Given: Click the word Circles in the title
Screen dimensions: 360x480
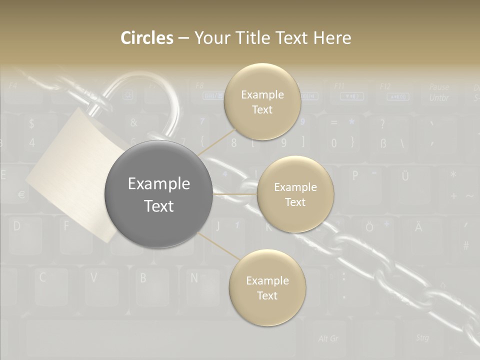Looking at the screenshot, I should click(146, 38).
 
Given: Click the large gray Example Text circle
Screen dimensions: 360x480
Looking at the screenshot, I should click(158, 194).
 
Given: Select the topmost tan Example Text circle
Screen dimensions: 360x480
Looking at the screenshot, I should click(262, 101).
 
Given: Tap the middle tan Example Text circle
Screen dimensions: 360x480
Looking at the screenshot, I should click(295, 194).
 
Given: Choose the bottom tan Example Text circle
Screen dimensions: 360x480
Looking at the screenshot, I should click(267, 288).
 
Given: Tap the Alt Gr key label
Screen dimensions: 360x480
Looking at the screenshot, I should click(328, 338).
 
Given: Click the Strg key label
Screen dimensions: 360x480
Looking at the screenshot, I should click(422, 337).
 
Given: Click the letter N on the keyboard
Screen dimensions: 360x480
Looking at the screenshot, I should click(194, 277).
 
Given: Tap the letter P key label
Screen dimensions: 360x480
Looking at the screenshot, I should click(355, 175).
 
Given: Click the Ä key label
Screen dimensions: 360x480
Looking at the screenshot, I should click(418, 227).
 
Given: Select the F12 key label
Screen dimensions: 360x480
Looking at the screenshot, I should click(385, 86).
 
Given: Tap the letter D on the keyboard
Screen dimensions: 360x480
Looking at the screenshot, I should click(17, 226).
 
